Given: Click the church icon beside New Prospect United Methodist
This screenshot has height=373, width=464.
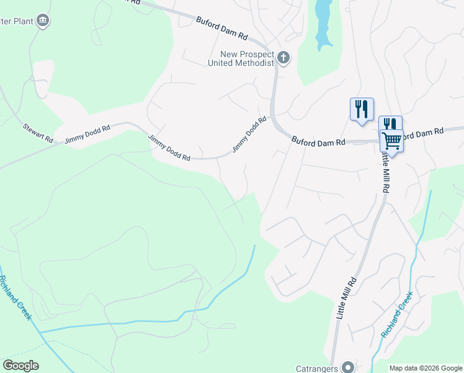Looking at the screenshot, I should click(x=283, y=58).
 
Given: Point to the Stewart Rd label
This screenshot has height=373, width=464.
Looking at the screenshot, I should click(x=38, y=132).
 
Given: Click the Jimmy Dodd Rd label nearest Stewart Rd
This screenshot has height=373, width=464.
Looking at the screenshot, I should click(x=87, y=132).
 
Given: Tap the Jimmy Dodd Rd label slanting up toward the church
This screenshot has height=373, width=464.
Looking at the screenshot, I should click(x=249, y=134).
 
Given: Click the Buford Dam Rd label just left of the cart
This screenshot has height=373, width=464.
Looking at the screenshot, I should click(x=318, y=142).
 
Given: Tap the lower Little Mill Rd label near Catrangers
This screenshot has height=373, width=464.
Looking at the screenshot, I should click(x=348, y=298).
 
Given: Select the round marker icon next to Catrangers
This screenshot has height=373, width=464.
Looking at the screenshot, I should click(x=347, y=367).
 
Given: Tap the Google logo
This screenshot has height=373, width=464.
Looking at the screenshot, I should click(x=21, y=366).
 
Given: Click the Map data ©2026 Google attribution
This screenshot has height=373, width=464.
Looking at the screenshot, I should click(x=426, y=368).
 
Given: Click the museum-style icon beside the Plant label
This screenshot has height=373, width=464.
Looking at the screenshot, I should click(x=43, y=21).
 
